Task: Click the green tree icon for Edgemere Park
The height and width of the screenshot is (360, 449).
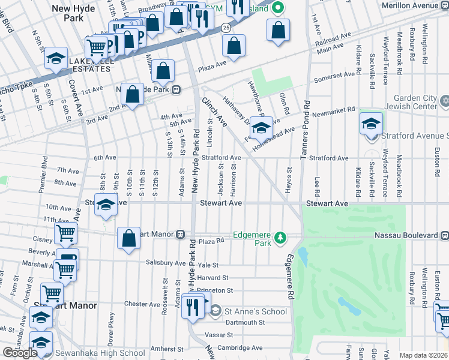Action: coord(280,239)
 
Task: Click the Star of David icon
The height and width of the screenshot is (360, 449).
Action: coord(444,100)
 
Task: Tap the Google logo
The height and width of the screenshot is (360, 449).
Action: coord(20,353)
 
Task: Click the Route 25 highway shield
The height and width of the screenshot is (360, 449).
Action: coord(224,28)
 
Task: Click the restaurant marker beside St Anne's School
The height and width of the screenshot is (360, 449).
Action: coord(192,307)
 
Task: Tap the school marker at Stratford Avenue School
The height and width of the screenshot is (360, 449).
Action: coord(371,124)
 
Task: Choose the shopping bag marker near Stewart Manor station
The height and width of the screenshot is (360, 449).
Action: coord(129,238)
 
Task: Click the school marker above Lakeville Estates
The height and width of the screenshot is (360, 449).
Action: coord(56,58)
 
